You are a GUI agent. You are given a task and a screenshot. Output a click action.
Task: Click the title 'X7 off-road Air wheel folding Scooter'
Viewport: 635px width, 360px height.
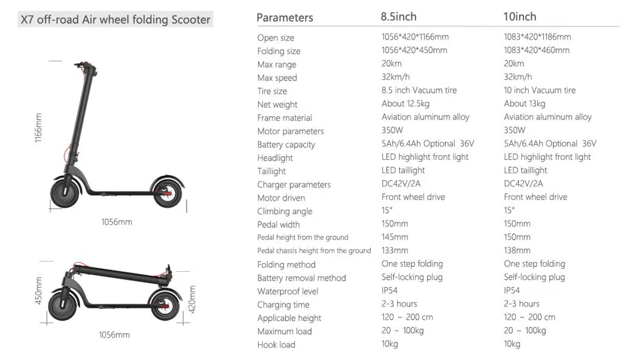pyautogui.click(x=115, y=19)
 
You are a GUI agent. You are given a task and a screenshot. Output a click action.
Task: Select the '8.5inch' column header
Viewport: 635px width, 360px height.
pyautogui.click(x=399, y=16)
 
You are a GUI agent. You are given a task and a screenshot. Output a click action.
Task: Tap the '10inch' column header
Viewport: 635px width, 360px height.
pyautogui.click(x=520, y=16)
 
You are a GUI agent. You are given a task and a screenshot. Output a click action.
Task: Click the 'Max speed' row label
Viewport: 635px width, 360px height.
pyautogui.click(x=277, y=78)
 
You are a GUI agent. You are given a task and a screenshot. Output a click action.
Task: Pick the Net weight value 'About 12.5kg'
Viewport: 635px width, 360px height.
pyautogui.click(x=405, y=104)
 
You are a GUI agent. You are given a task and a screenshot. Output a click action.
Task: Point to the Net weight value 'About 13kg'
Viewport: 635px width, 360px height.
pyautogui.click(x=524, y=104)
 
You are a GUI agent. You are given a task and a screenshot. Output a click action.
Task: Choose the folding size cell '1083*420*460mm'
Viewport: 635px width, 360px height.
pyautogui.click(x=537, y=50)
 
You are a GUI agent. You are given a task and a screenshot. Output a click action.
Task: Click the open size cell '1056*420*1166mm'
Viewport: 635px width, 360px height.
pyautogui.click(x=415, y=37)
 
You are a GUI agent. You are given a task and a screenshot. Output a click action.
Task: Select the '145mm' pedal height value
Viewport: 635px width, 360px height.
pyautogui.click(x=395, y=237)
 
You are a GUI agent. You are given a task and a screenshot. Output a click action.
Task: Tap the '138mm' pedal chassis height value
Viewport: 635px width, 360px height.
pyautogui.click(x=517, y=251)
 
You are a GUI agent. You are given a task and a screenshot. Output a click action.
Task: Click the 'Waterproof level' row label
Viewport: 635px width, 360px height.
pyautogui.click(x=287, y=291)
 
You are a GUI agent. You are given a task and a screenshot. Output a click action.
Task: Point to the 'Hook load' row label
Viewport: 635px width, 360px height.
pyautogui.click(x=276, y=345)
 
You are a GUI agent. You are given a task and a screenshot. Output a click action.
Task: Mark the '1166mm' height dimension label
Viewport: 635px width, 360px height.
pyautogui.click(x=38, y=128)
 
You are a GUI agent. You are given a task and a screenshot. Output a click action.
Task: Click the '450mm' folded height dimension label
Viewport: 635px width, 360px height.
pyautogui.click(x=38, y=291)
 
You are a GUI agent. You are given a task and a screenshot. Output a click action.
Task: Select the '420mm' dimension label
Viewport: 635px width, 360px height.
pyautogui.click(x=193, y=299)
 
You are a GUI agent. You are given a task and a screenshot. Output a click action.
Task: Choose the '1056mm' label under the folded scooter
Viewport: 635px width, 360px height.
pyautogui.click(x=114, y=335)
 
